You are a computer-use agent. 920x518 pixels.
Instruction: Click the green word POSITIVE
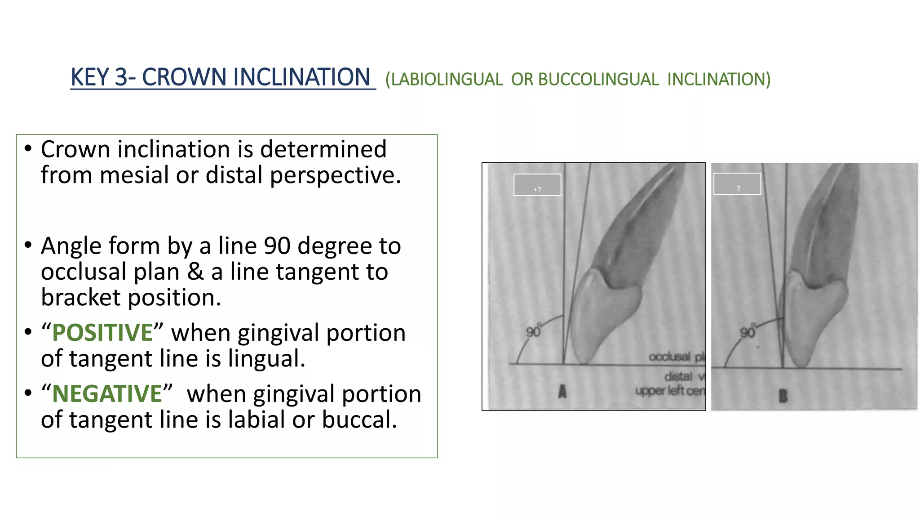[102, 333]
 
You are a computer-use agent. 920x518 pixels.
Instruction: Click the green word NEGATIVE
[107, 394]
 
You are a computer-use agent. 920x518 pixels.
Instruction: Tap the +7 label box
[537, 185]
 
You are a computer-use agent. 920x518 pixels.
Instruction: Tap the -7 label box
[737, 184]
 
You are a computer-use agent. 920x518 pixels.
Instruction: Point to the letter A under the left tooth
[562, 392]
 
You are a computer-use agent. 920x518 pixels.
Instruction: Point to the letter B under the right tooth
[783, 396]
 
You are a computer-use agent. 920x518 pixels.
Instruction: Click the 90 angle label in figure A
[533, 331]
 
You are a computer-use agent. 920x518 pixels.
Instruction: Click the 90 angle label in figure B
[747, 332]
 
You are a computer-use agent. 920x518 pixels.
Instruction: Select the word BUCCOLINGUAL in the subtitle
[598, 80]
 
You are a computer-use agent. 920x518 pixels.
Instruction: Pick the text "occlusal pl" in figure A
[677, 357]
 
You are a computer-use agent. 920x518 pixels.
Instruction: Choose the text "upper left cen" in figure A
[670, 391]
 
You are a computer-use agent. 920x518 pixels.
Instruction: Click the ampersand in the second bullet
[195, 272]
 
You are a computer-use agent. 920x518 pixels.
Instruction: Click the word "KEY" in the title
[90, 77]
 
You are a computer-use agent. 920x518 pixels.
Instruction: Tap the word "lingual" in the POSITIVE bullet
[264, 359]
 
